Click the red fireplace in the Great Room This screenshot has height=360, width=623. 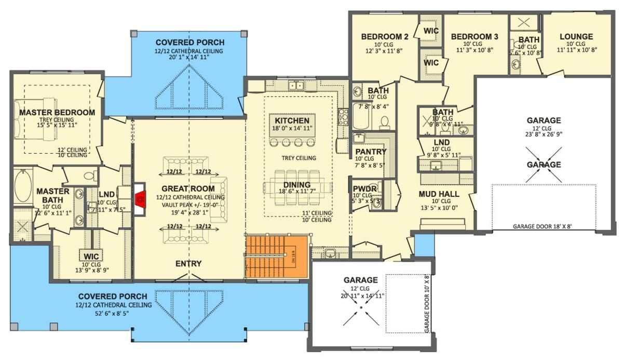[x=139, y=198]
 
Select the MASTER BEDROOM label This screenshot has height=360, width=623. [x=57, y=112]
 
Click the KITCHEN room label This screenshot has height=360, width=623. [x=292, y=121]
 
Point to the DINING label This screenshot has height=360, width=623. [x=296, y=185]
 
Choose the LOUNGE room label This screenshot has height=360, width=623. [x=576, y=37]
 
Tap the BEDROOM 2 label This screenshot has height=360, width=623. [x=385, y=36]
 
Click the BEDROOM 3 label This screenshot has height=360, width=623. [x=475, y=36]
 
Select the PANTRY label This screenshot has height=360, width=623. [x=370, y=152]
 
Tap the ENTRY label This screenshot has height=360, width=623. [x=188, y=264]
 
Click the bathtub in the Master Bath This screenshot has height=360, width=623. [x=23, y=186]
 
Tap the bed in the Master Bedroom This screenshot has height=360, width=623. [x=33, y=119]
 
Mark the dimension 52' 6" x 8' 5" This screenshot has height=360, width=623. [x=113, y=313]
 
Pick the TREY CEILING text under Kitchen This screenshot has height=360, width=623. [x=299, y=158]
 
